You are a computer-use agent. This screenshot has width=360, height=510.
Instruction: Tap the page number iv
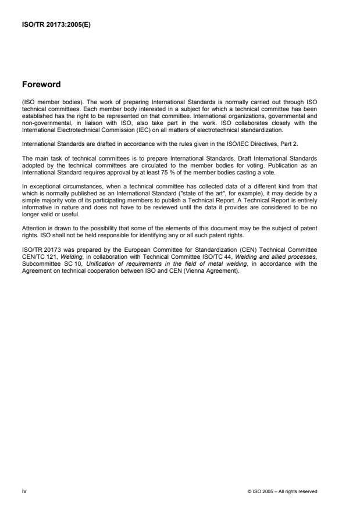[24, 491]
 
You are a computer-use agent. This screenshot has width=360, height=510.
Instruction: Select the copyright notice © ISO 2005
[282, 491]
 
